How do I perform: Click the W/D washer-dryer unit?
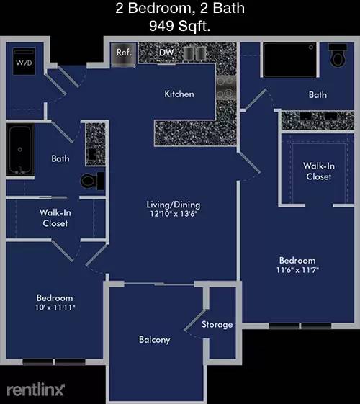tap(24, 61)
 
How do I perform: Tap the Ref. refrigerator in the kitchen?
tap(123, 54)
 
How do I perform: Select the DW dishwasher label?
tap(166, 53)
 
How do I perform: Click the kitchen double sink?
tap(194, 53)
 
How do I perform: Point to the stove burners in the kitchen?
tap(226, 88)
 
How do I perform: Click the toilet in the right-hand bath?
tap(338, 55)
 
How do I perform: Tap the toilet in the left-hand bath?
tap(92, 181)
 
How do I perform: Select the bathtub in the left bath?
tap(20, 151)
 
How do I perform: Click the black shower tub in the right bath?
tap(289, 60)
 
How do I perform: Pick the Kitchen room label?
tap(179, 94)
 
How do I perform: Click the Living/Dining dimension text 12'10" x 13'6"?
tap(174, 214)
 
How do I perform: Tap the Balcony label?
tap(155, 340)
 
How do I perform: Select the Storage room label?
tap(217, 325)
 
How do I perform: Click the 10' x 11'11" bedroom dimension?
tap(55, 308)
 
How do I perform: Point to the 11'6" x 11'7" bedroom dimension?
tap(297, 270)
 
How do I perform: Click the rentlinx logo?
tap(35, 390)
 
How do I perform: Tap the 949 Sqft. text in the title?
tap(180, 26)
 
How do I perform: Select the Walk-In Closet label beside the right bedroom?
tap(319, 171)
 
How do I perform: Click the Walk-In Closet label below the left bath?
tap(55, 217)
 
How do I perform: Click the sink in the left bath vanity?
tap(93, 153)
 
